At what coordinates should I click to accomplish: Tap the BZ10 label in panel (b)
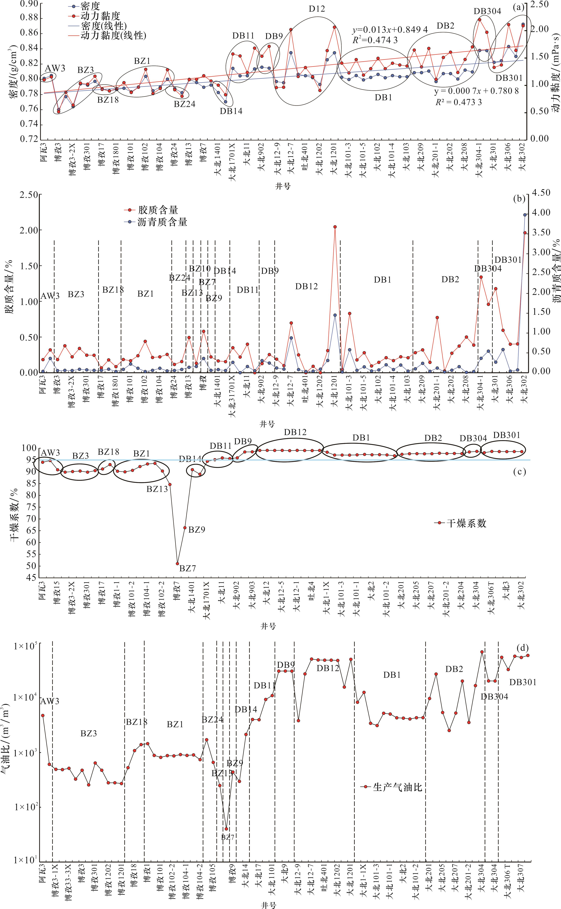200,268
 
